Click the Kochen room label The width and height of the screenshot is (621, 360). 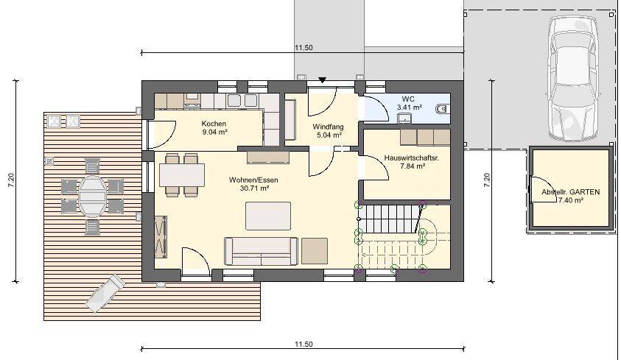(214, 124)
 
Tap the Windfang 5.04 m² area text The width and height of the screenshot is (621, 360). (328, 135)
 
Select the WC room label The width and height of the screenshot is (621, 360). (408, 99)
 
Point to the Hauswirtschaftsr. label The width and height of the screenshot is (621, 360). (412, 158)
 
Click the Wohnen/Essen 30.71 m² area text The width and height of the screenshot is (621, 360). (254, 188)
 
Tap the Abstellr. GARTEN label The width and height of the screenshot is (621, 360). (570, 192)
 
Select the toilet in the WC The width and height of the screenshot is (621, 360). (443, 108)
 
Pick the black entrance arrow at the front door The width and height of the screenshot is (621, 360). (323, 80)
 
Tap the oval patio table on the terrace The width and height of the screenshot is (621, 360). (92, 197)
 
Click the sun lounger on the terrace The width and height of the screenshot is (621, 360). (105, 293)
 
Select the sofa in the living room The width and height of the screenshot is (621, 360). (261, 251)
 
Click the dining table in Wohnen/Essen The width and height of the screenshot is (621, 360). (182, 175)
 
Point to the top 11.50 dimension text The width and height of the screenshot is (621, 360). (304, 47)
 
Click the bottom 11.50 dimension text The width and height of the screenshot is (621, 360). (304, 345)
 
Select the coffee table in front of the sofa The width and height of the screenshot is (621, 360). (268, 216)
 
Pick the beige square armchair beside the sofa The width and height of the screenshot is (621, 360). (315, 251)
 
